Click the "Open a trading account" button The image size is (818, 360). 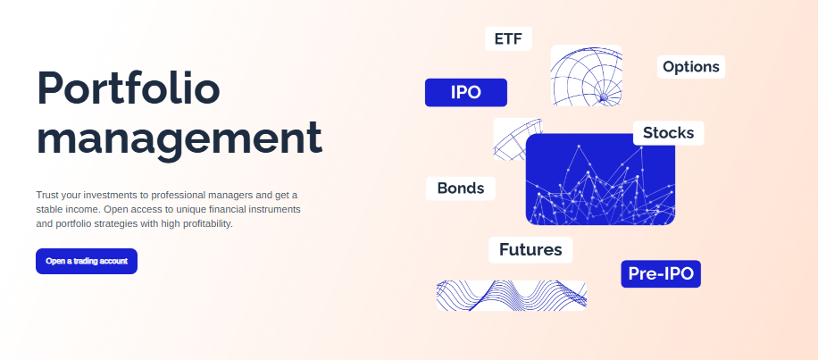pos(87,261)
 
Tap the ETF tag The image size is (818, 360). pos(508,38)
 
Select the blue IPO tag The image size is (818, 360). pos(466,92)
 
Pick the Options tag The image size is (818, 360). pos(690,67)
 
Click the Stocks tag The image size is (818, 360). pos(668,133)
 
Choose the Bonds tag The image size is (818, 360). pos(461,188)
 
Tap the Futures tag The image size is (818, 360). pos(530,250)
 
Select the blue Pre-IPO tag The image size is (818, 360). pos(661,274)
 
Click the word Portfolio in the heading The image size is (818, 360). pos(129,88)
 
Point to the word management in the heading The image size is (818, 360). pos(179,138)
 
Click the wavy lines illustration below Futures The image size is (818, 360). pos(511,296)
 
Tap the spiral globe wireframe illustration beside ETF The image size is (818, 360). pos(587,76)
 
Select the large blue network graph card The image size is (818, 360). pos(600,180)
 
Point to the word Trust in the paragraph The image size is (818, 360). pos(47,195)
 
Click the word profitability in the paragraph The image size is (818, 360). pos(206,224)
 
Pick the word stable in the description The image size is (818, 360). pos(48,210)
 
